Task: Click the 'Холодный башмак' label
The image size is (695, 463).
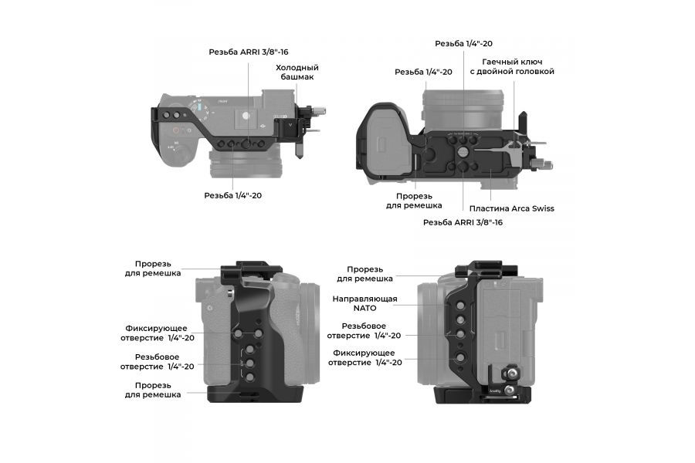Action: click(x=297, y=73)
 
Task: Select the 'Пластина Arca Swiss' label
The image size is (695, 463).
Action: click(x=511, y=208)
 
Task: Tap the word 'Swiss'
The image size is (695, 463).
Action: click(x=540, y=208)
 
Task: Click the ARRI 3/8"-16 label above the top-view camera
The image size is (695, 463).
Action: click(x=248, y=52)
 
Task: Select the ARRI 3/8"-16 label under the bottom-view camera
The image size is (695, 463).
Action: click(x=463, y=222)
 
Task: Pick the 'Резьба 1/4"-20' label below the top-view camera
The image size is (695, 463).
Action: click(x=232, y=195)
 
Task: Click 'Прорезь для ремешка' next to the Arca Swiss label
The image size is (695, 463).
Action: click(x=414, y=201)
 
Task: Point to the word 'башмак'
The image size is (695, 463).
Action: click(x=297, y=78)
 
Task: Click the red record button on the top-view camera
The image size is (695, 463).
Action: click(x=177, y=131)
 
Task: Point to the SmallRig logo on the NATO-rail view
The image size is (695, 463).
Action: click(x=495, y=391)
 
